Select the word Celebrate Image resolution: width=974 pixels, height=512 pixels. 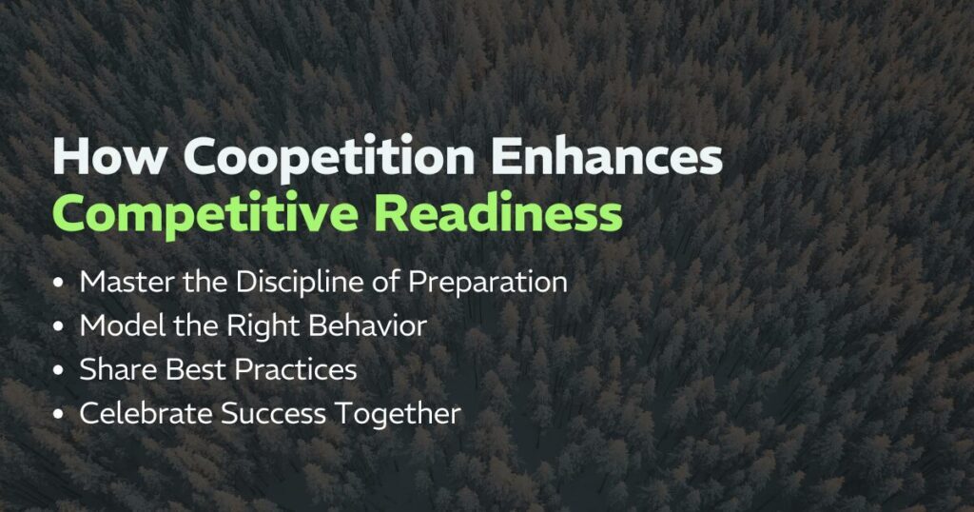coord(141,414)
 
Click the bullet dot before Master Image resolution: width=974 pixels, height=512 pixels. coord(61,284)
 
